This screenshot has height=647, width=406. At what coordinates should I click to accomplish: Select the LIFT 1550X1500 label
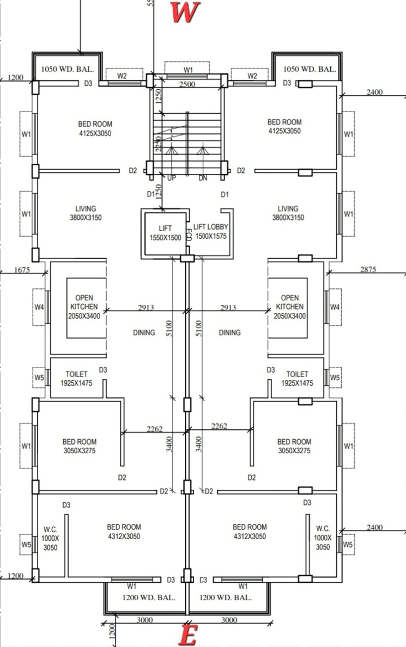(165, 233)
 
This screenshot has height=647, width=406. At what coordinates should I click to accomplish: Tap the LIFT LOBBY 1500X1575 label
(210, 232)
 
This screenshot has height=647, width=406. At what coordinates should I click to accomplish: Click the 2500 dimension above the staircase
(188, 84)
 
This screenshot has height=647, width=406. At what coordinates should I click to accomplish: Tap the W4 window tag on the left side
(39, 307)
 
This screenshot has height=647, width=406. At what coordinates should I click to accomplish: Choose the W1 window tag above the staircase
(188, 70)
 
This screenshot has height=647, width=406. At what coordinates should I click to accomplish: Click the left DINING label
(144, 332)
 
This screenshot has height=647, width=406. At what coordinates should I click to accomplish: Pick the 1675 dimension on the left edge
(22, 269)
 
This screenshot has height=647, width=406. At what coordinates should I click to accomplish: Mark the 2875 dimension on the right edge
(368, 269)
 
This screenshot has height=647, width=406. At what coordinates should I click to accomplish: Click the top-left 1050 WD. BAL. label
(68, 69)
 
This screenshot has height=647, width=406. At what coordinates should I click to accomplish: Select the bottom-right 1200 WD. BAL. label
(226, 597)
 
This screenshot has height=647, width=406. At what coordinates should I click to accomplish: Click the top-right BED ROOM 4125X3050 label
(284, 126)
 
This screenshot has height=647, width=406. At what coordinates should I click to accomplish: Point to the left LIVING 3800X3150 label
(86, 213)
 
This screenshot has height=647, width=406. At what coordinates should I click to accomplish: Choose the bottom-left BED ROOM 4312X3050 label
(124, 531)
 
